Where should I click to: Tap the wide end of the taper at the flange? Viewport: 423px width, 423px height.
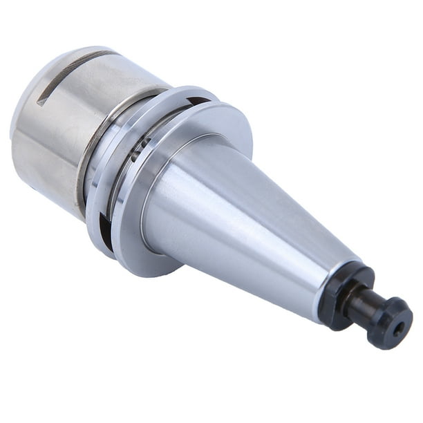pyautogui.click(x=166, y=207)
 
